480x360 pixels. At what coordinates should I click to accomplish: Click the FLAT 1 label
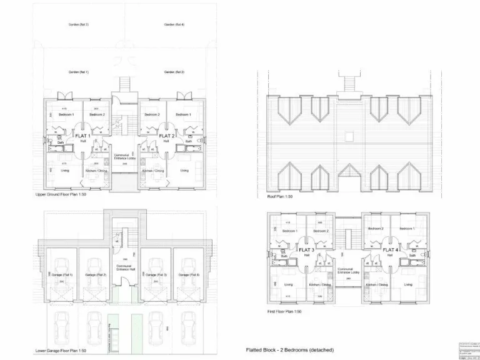[x=84, y=136]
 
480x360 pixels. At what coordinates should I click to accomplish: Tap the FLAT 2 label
[x=166, y=136]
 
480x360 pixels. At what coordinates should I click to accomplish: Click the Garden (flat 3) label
[x=79, y=24]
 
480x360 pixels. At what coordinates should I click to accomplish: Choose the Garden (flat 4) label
[x=174, y=24]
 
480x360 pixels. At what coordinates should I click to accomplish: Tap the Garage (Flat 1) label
[x=62, y=275]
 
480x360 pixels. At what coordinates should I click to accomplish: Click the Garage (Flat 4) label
[x=189, y=275]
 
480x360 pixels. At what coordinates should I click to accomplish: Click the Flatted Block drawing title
[x=289, y=349]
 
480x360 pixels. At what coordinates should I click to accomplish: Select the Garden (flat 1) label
[x=79, y=72]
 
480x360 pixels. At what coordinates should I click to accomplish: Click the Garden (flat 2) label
[x=174, y=72]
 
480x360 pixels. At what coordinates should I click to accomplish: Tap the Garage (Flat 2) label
[x=96, y=275]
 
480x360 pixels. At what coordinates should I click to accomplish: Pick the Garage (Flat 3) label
[x=156, y=275]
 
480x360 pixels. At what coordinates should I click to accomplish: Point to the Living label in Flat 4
[x=407, y=285]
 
